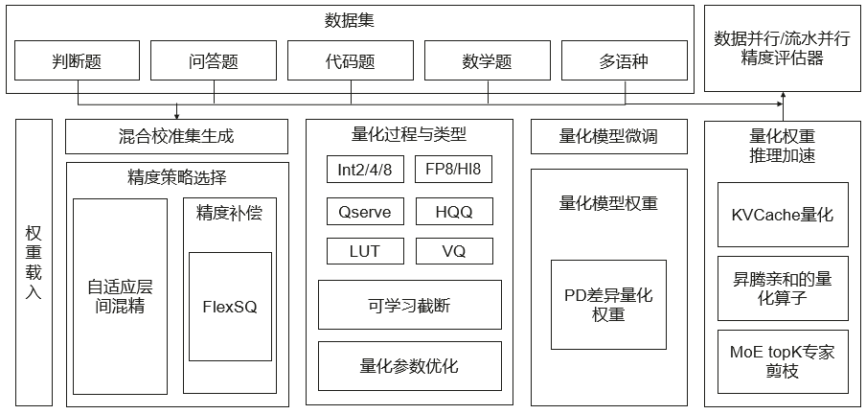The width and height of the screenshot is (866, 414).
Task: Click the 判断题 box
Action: [77, 60]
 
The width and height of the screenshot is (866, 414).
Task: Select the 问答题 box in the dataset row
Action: [214, 60]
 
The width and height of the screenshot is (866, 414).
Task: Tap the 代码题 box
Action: [351, 60]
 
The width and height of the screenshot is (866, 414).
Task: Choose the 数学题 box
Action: [488, 60]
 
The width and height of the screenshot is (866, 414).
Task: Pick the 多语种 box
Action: [625, 60]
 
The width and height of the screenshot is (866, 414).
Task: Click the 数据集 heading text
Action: [350, 21]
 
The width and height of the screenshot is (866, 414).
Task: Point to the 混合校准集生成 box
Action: [176, 136]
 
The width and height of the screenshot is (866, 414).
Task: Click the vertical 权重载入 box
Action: [34, 263]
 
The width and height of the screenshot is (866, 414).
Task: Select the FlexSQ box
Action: [230, 307]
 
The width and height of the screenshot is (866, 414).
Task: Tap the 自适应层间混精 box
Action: [121, 296]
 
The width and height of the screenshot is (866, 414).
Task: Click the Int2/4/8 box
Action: [365, 169]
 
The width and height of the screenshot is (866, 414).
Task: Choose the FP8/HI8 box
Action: [453, 169]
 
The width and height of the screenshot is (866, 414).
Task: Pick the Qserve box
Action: [365, 211]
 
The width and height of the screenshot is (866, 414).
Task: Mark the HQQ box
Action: [453, 211]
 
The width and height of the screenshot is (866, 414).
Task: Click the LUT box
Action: [365, 251]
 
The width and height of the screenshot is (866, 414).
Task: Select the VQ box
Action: [453, 251]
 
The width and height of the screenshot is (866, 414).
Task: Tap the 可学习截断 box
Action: [410, 305]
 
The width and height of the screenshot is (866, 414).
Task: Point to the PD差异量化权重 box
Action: [608, 305]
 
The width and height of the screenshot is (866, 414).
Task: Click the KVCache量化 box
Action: [783, 215]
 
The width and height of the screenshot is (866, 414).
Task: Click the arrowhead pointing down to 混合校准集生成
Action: [176, 116]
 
